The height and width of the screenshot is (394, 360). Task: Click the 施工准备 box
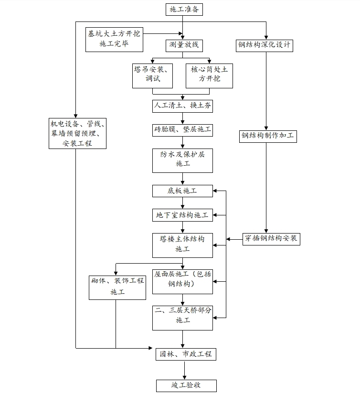[x=183, y=9]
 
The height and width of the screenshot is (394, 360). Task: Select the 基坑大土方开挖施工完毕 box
[x=114, y=39]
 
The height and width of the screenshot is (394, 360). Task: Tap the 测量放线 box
[x=183, y=45]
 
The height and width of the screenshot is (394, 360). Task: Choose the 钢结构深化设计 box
[x=265, y=45]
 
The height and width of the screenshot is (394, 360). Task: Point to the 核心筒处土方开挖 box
[x=209, y=75]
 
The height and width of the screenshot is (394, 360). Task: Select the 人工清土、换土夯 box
[x=183, y=106]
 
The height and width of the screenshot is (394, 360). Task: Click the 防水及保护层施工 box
[x=182, y=160]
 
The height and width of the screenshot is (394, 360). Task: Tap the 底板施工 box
[x=182, y=191]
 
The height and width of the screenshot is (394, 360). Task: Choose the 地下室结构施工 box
[x=182, y=215]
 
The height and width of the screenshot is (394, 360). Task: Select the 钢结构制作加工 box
[x=268, y=136]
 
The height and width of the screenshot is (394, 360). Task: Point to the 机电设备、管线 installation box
[x=77, y=133]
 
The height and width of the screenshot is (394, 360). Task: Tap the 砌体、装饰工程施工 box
[x=117, y=287]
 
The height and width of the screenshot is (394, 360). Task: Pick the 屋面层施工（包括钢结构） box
[x=182, y=281]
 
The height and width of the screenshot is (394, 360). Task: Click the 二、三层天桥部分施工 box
[x=182, y=317]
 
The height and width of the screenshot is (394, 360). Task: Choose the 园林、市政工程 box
[x=186, y=354]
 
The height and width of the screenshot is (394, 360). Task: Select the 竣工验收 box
[x=186, y=385]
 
